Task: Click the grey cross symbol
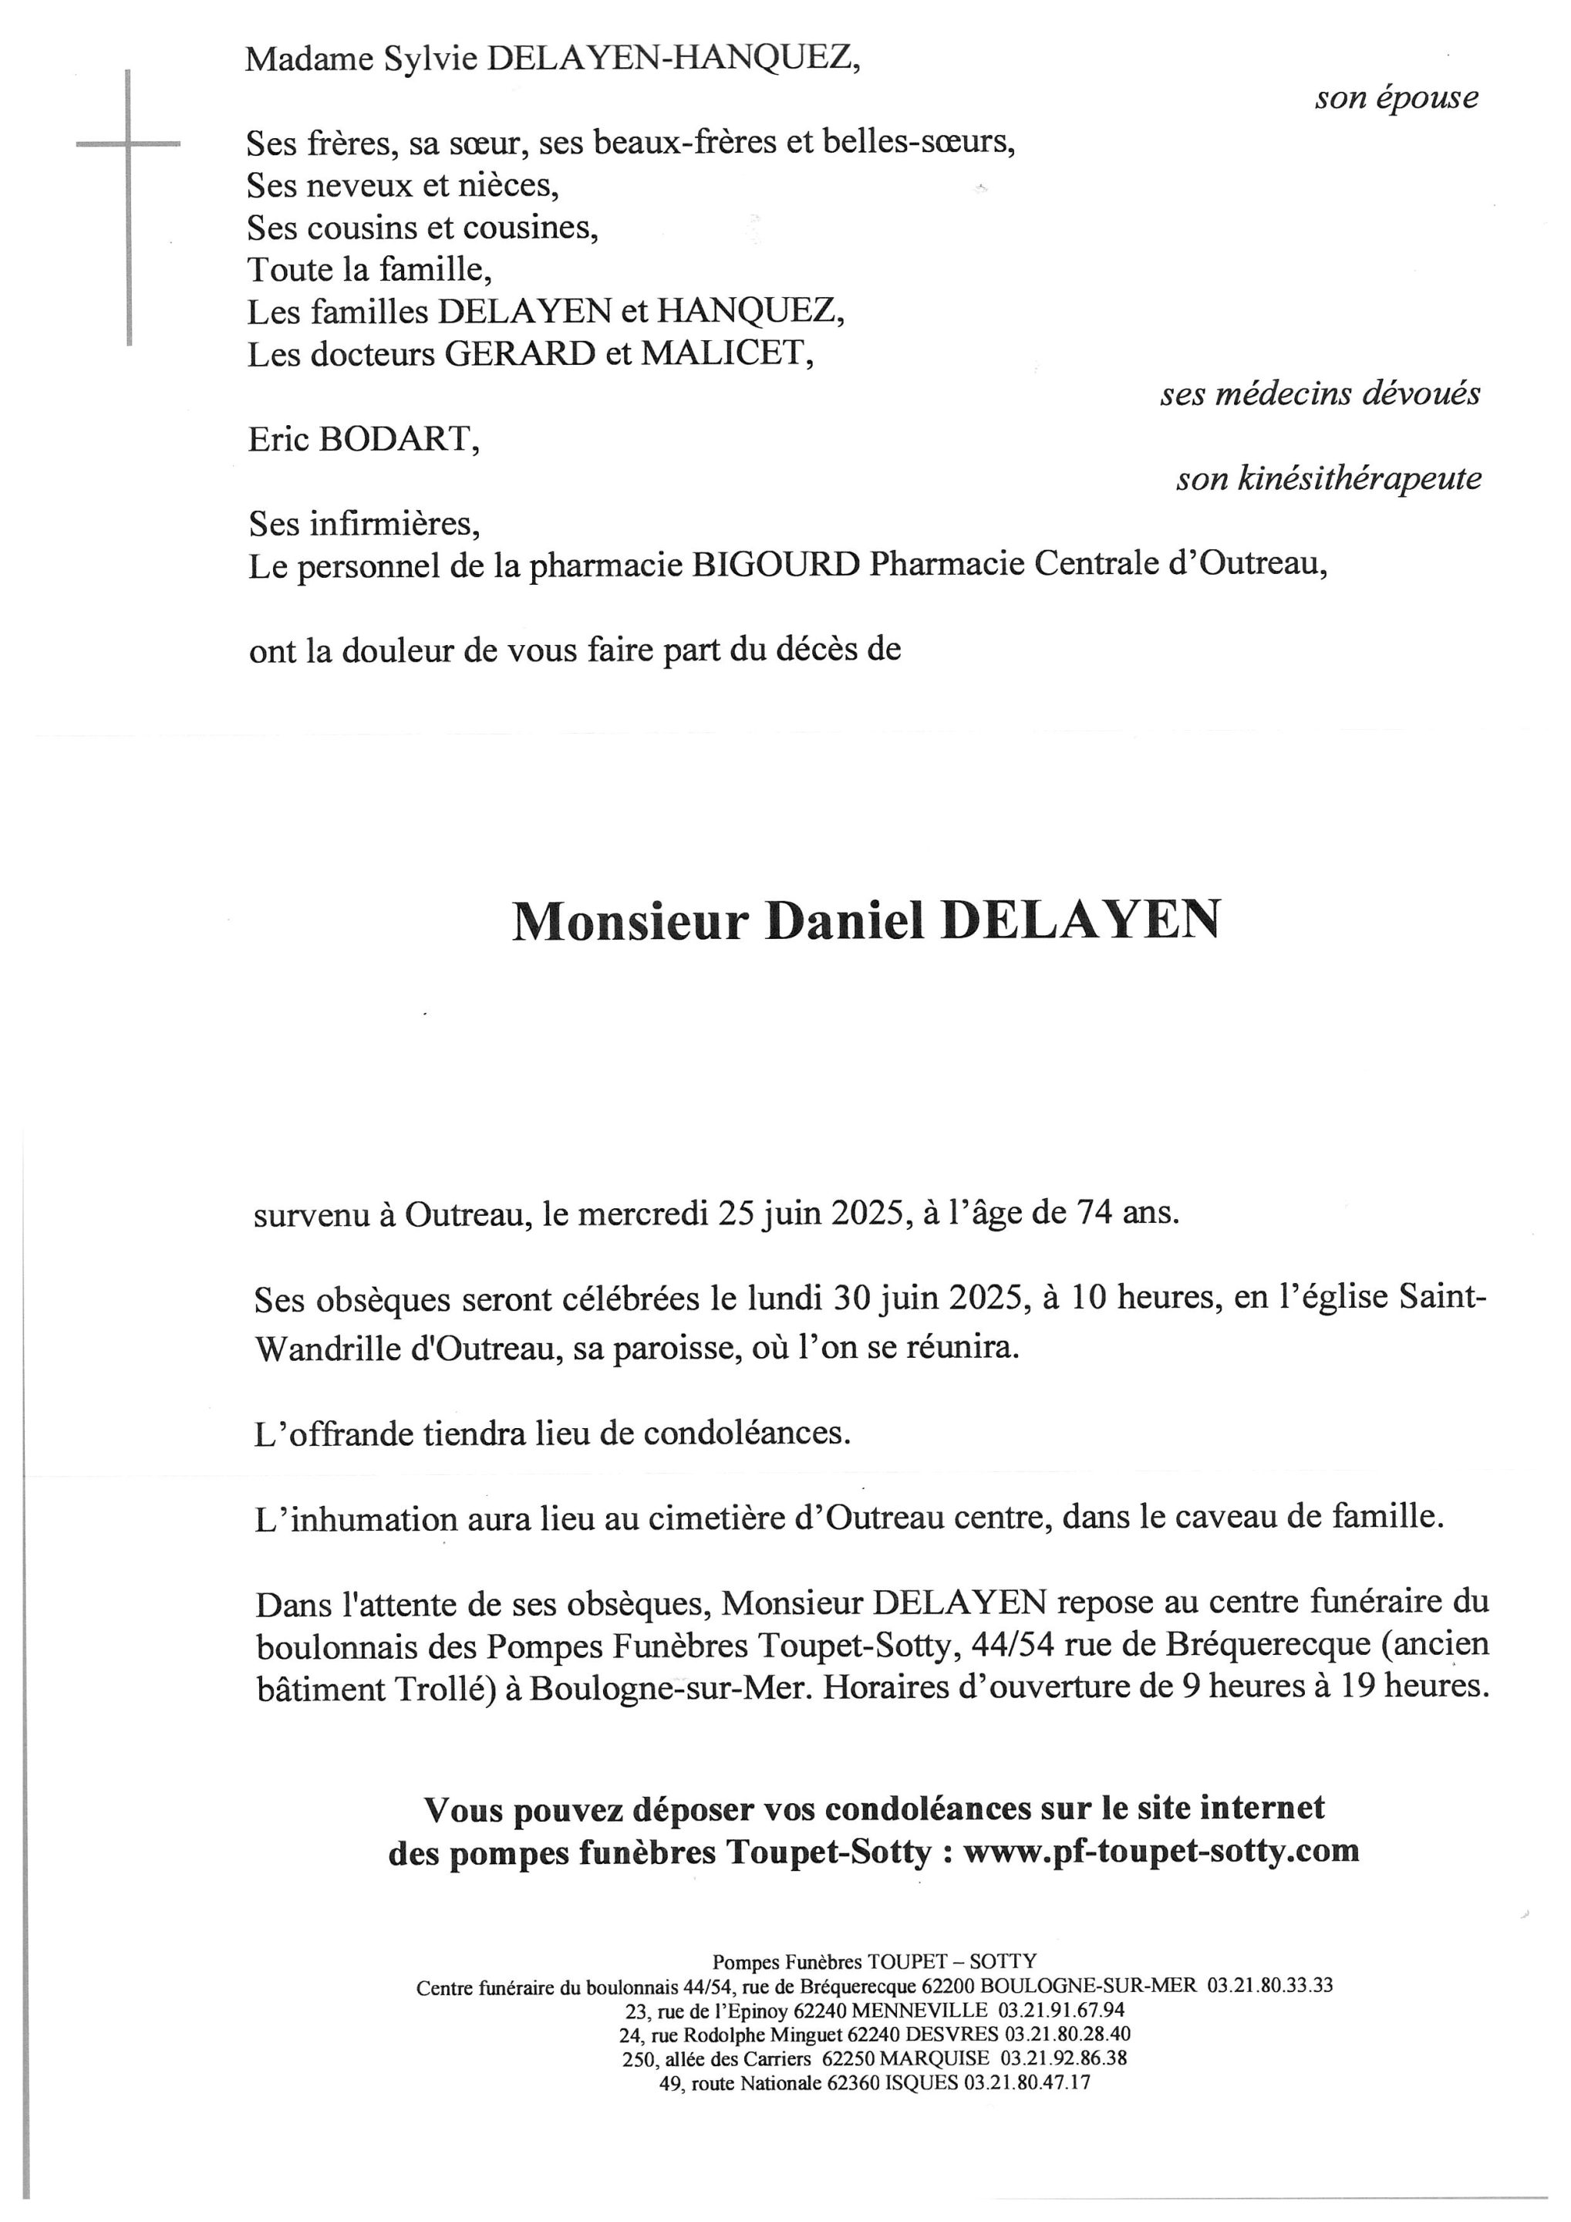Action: click(129, 145)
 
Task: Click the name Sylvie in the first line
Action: click(430, 60)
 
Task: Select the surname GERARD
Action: click(520, 354)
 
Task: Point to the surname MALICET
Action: click(726, 354)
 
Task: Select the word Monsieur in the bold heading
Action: click(630, 921)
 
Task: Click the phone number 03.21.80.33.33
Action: click(1269, 1985)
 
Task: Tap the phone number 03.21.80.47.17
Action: click(1027, 2082)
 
